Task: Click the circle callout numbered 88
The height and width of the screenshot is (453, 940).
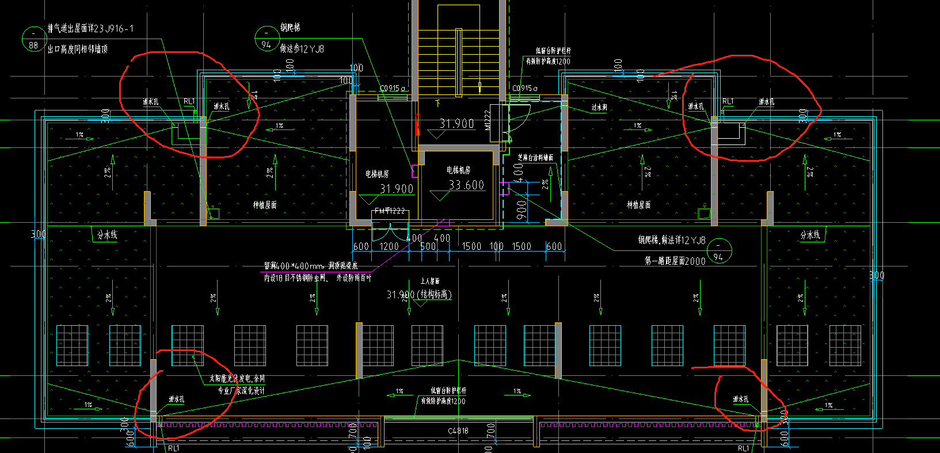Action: pos(33,40)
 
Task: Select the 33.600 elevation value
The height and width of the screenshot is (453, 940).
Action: pos(466,185)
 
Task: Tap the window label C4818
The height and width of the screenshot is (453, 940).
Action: pos(458,431)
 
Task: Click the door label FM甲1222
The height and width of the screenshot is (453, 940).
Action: pos(390,211)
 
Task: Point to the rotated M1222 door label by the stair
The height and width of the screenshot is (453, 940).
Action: pos(488,120)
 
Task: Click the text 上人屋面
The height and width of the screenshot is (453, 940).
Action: pos(429,281)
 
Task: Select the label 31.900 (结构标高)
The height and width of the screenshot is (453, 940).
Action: pos(419,295)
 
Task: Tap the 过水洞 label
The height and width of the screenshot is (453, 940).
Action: pos(599,108)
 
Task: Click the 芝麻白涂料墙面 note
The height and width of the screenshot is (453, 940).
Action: pos(535,157)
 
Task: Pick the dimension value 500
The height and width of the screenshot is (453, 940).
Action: pos(428,246)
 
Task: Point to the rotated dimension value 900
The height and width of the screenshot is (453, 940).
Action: pos(521,210)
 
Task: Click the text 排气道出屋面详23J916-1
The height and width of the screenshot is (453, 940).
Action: pos(90,28)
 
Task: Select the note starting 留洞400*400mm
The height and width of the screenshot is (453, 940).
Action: pos(311,266)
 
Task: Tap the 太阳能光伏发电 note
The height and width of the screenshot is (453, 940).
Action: pos(237,379)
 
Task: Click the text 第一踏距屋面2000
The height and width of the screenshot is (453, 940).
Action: pos(675,261)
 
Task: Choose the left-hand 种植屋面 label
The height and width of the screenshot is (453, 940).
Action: pos(265,205)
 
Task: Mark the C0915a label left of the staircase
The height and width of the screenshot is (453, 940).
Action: pos(393,89)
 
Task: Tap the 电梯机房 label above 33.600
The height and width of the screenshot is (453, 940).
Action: pos(458,170)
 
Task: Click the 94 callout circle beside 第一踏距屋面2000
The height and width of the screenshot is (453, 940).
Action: pos(718,251)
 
